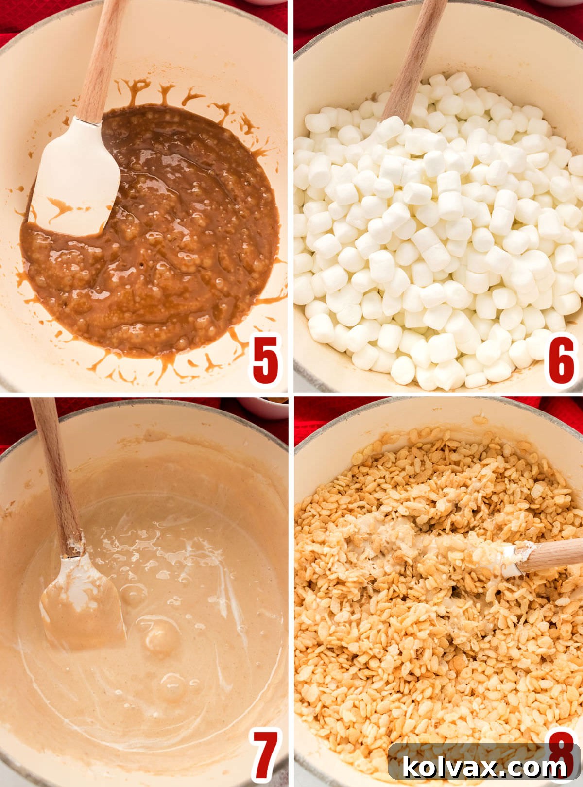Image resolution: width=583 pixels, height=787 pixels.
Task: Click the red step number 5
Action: (x=266, y=359)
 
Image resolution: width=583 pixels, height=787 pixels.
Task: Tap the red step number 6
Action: (x=561, y=359)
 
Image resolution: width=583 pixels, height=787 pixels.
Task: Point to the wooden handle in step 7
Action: (x=56, y=476)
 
